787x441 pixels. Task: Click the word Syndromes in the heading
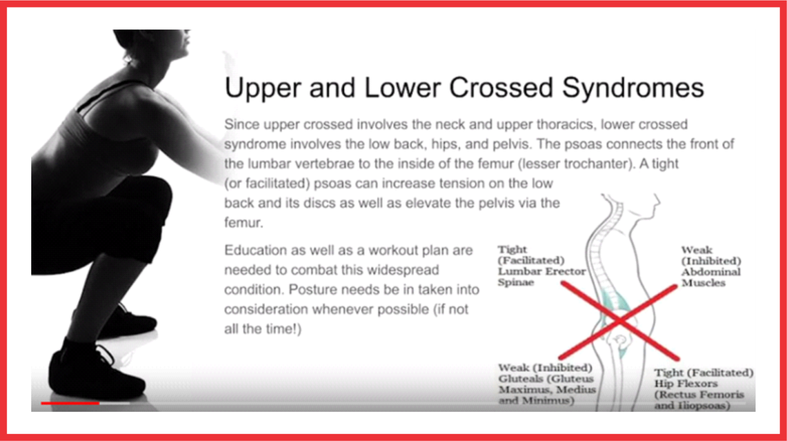pyautogui.click(x=633, y=88)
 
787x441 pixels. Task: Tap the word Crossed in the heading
pyautogui.click(x=502, y=88)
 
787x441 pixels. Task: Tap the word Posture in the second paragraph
pyautogui.click(x=314, y=290)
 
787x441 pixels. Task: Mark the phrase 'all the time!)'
pyautogui.click(x=263, y=329)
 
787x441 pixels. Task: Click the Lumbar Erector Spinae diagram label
pyautogui.click(x=541, y=266)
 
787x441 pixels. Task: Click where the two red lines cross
pyautogui.click(x=619, y=321)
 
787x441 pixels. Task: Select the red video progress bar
pyautogui.click(x=70, y=404)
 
